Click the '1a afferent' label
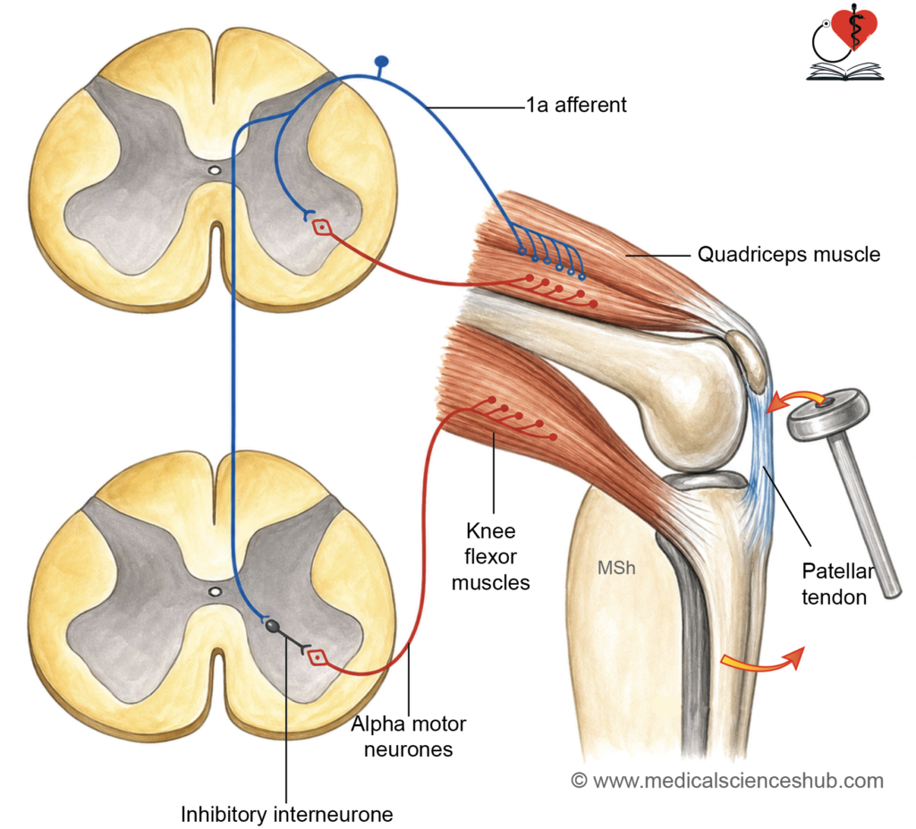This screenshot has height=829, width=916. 576,106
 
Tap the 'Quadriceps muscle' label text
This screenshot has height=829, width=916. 789,255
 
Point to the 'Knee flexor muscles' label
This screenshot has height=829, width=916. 491,557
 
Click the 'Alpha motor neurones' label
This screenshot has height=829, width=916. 408,736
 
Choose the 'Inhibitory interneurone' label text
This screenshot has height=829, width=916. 287,814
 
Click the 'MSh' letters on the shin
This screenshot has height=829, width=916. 616,568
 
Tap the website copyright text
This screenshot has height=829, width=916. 727,781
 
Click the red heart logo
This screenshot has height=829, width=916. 854,30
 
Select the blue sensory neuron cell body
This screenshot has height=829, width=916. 381,61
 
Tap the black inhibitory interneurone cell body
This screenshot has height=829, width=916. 273,626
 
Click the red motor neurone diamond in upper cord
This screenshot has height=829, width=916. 321,226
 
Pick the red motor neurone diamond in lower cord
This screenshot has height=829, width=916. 317,657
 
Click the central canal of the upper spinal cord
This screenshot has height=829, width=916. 215,171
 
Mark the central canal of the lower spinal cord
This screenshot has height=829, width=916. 215,591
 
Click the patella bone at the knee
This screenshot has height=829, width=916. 747,360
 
